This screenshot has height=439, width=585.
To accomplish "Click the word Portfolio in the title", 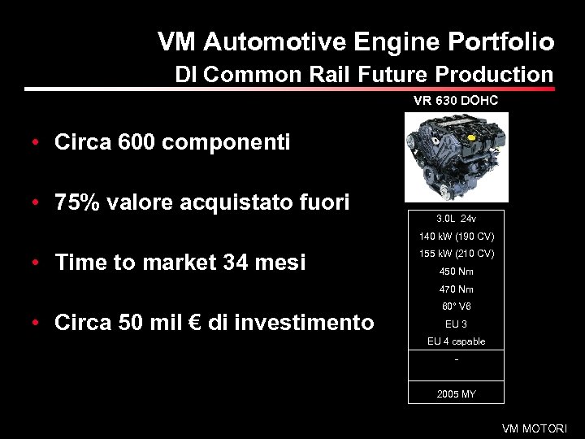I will click(x=501, y=42).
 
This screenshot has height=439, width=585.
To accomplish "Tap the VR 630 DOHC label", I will click(x=456, y=102).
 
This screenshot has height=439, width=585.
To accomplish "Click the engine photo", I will click(x=456, y=157).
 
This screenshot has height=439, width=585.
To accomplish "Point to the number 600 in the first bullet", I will click(x=136, y=143).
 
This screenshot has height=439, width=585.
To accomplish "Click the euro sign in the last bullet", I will click(x=192, y=323).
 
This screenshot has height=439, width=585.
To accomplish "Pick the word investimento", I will click(x=313, y=323).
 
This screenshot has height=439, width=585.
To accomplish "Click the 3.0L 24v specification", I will click(x=456, y=219).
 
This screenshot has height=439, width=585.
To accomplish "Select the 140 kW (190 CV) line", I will click(x=456, y=237).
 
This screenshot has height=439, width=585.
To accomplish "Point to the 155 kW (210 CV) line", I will click(x=456, y=254).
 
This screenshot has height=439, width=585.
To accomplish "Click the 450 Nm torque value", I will click(x=456, y=272).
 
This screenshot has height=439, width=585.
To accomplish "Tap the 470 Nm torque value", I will click(x=456, y=289).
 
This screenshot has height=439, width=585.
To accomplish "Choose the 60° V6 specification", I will click(x=456, y=306).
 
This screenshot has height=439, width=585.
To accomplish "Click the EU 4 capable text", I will click(x=456, y=341).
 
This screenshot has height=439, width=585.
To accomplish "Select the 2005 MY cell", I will click(x=456, y=393).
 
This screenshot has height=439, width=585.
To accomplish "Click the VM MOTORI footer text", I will click(x=535, y=428).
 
